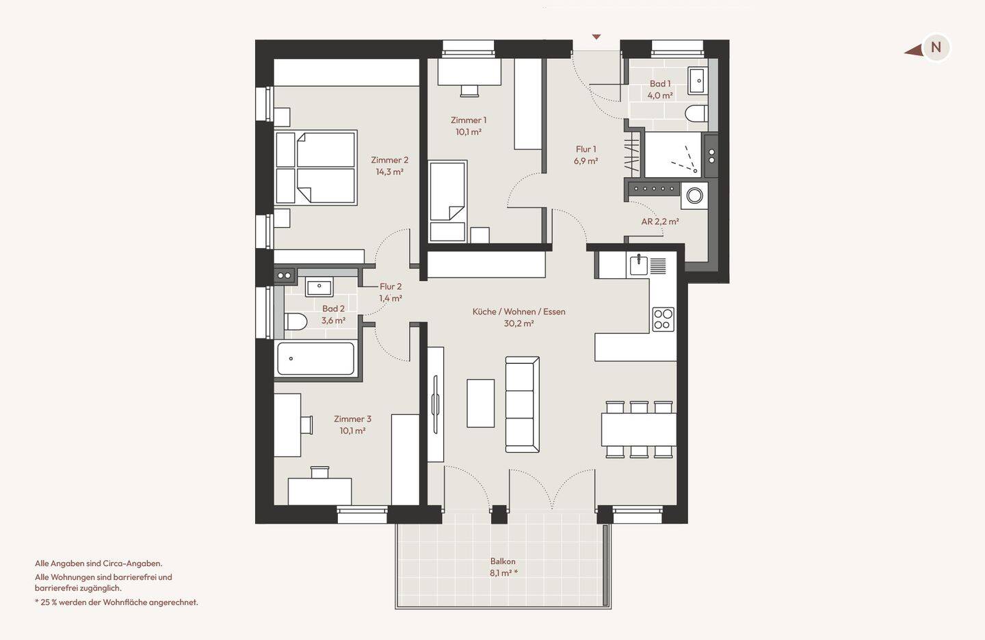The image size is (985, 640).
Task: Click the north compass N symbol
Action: tap(936, 47)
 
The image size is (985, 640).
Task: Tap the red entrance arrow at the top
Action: tap(596, 37)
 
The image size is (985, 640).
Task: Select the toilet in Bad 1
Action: tap(696, 114)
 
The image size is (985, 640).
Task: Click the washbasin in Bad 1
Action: tap(698, 81)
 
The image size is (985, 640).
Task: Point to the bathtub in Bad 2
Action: tap(316, 359)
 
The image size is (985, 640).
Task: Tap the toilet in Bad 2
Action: tap(295, 321)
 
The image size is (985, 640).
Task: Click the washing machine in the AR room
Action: tap(694, 196)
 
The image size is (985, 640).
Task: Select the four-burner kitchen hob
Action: tap(663, 319)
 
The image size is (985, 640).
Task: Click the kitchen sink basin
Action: tap(639, 265)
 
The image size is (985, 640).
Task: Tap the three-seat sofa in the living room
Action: tap(523, 404)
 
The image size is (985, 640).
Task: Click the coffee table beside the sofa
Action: tap(481, 403)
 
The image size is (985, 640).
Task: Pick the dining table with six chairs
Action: tap(639, 429)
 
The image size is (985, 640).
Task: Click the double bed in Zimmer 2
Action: tap(316, 168)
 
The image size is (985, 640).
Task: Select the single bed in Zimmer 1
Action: tap(447, 201)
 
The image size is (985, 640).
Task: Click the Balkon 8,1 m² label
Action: tap(503, 567)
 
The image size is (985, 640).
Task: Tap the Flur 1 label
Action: tap(586, 149)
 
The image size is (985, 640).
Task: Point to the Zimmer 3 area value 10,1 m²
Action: tap(352, 431)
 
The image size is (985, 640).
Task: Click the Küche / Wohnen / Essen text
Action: tap(519, 312)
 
